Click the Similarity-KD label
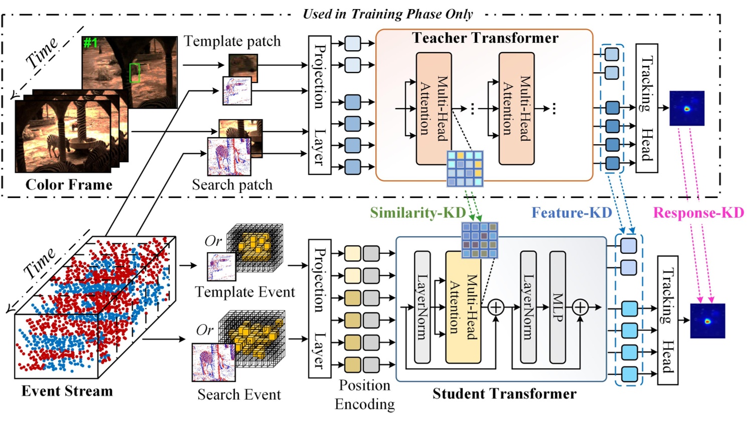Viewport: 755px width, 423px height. click(417, 213)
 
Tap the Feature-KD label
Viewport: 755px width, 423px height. click(571, 213)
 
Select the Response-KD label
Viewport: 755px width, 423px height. click(698, 213)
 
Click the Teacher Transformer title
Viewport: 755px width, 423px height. click(485, 38)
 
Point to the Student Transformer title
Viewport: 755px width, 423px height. click(504, 393)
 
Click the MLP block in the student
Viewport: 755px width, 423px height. click(558, 307)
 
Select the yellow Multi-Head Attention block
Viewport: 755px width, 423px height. click(463, 307)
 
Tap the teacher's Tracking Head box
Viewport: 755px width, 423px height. click(647, 108)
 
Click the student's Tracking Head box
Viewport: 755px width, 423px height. click(667, 320)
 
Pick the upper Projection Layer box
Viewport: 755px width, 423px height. click(320, 105)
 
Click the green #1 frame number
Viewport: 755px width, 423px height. click(90, 43)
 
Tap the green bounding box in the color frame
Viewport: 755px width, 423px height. click(134, 73)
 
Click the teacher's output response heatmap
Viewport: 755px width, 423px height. click(687, 109)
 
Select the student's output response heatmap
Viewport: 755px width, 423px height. click(707, 321)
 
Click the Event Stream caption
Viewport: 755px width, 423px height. click(67, 391)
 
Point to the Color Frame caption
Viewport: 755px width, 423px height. click(69, 184)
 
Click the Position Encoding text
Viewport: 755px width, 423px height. click(365, 394)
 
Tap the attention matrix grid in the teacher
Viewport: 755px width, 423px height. click(465, 168)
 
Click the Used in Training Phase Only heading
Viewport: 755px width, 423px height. click(387, 14)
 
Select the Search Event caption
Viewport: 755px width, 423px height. click(239, 394)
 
